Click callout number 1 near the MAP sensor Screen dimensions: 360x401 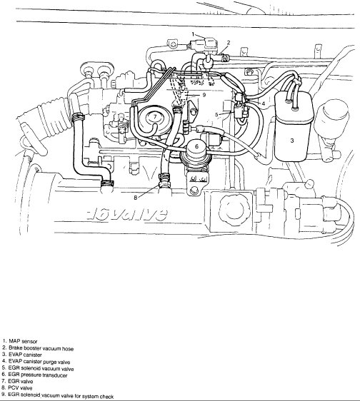[194, 34]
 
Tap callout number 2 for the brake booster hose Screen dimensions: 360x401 [229, 43]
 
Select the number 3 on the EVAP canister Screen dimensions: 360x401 [292, 141]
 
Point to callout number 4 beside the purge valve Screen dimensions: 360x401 [263, 103]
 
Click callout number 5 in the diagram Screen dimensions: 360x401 [216, 115]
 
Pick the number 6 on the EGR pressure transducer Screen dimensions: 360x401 [196, 146]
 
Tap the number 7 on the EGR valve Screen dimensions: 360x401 [155, 117]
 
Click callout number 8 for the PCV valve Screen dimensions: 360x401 [136, 198]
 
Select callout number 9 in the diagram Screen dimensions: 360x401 [204, 95]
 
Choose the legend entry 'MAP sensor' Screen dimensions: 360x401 [23, 341]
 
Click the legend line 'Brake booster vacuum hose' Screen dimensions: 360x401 [41, 348]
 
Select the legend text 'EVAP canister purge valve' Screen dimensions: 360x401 [39, 362]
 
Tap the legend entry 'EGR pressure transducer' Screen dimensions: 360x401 [38, 375]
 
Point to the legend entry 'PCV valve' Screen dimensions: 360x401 [20, 388]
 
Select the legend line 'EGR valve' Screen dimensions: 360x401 [21, 381]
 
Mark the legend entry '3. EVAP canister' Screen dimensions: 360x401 [21, 355]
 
